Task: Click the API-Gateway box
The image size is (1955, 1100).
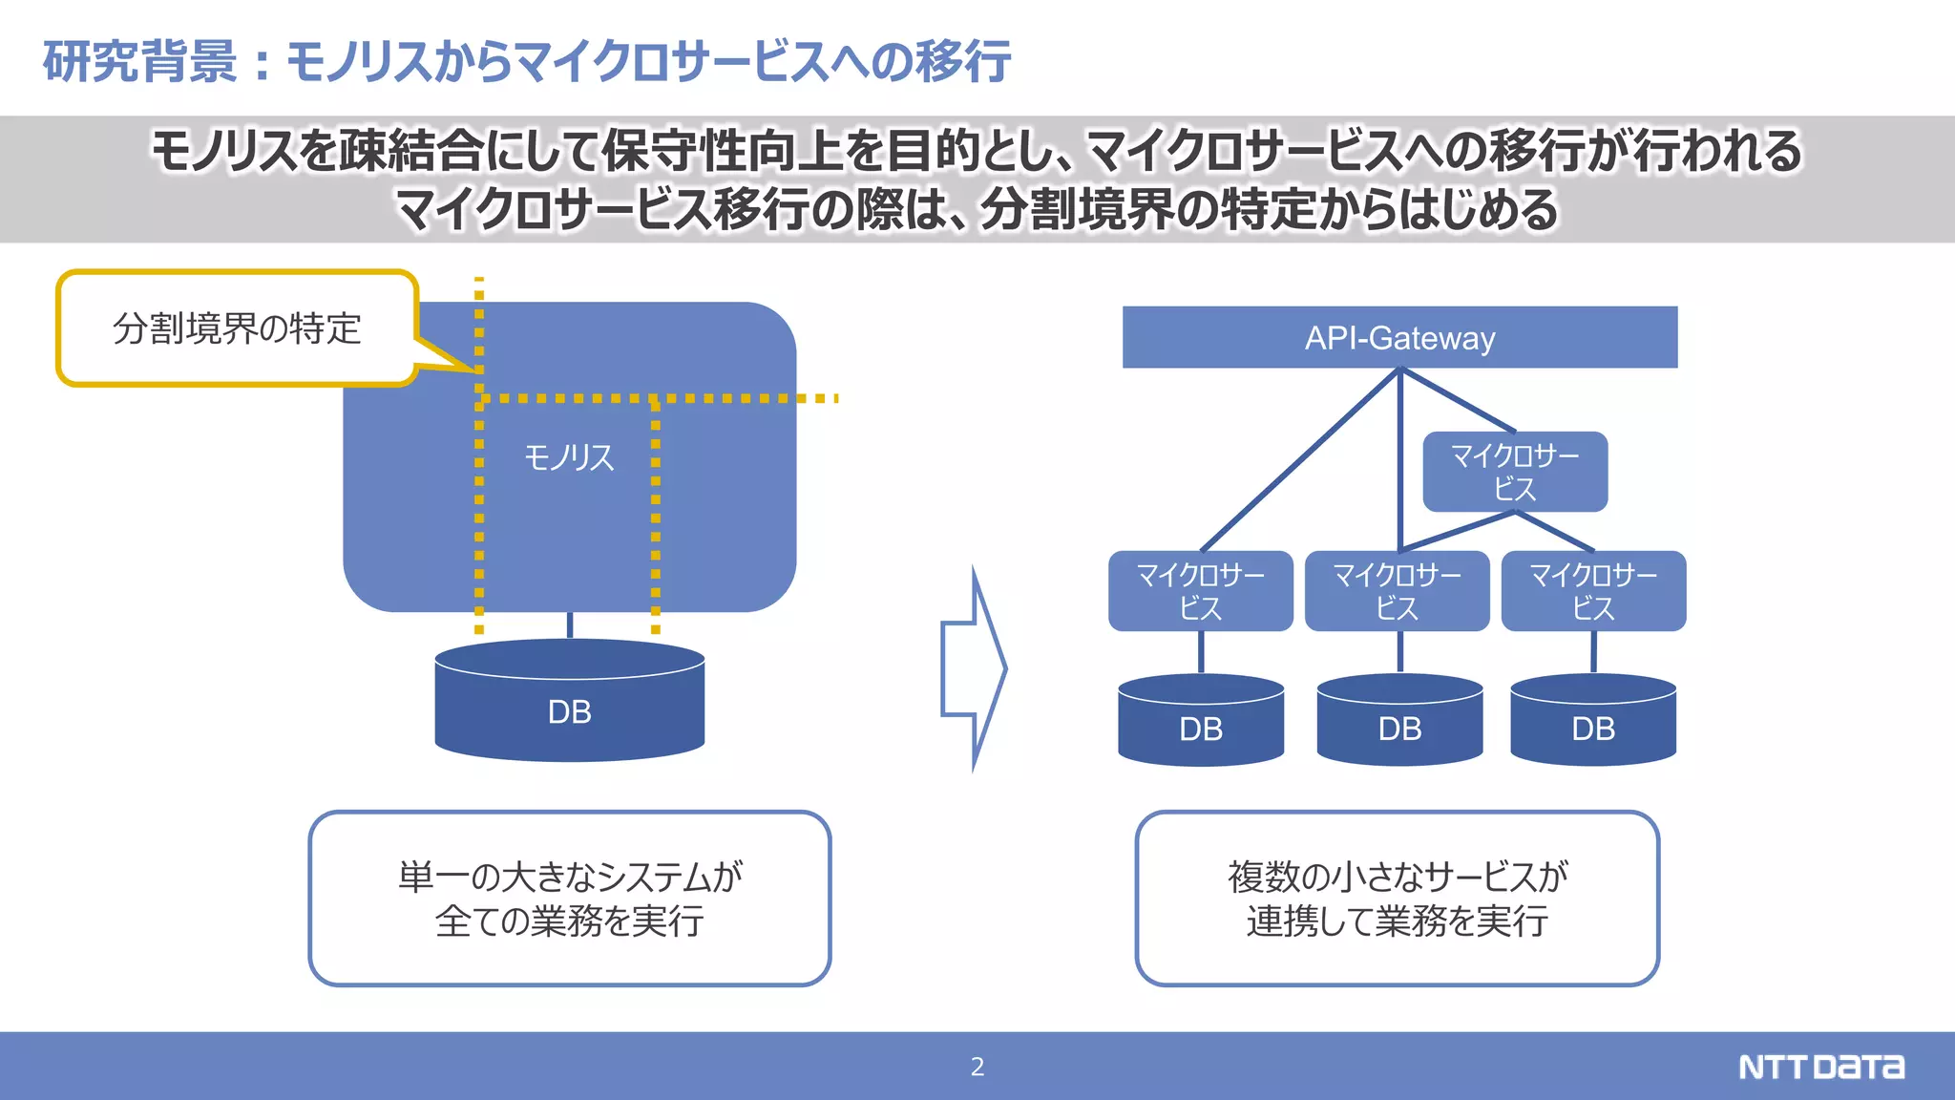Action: [1399, 337]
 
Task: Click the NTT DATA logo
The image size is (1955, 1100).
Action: [1820, 1067]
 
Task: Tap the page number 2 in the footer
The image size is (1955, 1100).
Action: [977, 1067]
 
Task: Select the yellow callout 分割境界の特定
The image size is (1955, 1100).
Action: [237, 328]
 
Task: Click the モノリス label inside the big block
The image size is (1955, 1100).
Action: [569, 458]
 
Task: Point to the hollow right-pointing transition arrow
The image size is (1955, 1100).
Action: [973, 668]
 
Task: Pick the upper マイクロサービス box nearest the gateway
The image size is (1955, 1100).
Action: [1515, 472]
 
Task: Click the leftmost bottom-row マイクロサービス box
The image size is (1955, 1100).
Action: [1200, 591]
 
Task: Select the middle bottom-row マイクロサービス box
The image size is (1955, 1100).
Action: [1397, 591]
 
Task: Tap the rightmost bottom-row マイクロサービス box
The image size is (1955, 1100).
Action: [1593, 591]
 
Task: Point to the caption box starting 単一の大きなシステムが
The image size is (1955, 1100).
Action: [570, 899]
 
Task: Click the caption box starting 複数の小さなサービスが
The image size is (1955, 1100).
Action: [1397, 899]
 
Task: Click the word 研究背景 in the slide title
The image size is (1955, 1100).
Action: [139, 61]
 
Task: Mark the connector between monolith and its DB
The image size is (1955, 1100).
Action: [570, 626]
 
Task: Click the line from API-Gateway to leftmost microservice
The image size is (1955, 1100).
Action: [1298, 461]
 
